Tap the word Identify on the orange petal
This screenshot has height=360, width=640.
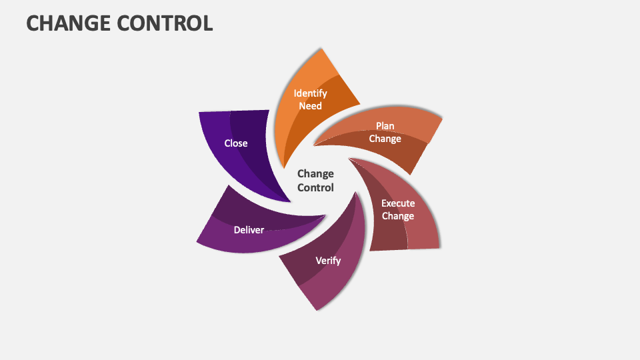point(310,93)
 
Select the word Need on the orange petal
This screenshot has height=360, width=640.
point(310,106)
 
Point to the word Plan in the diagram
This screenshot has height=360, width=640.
point(385,126)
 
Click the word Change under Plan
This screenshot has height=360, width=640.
point(385,139)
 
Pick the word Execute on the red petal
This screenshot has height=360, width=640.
point(398,203)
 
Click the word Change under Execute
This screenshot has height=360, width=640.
point(398,216)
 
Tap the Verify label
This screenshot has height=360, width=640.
point(328,260)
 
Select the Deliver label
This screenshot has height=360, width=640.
point(249,230)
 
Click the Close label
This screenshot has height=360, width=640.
point(236,143)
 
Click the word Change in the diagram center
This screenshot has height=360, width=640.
point(315,174)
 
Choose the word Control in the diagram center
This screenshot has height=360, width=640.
point(315,188)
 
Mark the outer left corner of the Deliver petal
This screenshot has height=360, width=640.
point(197,241)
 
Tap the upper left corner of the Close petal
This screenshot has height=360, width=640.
point(199,112)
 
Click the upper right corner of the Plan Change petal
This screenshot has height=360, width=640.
point(442,117)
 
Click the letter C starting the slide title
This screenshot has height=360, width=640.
point(33,23)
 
